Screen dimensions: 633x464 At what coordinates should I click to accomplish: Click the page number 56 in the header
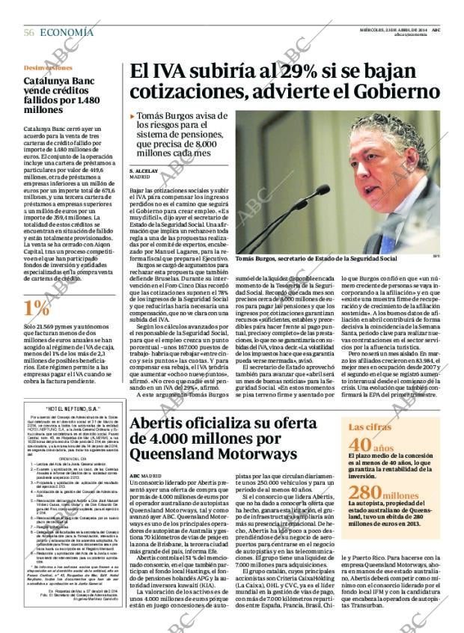(29, 32)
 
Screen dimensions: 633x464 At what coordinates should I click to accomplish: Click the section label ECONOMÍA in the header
(67, 32)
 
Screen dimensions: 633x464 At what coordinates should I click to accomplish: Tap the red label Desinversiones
(48, 68)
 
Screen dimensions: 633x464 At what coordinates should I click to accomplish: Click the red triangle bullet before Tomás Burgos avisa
(132, 117)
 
